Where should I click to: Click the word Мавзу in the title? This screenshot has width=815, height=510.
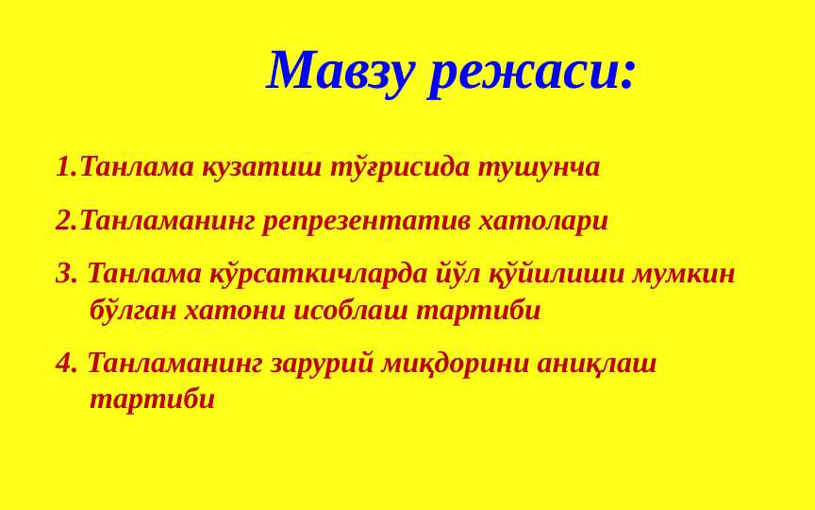point(341,71)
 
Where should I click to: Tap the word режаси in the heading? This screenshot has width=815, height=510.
point(524,75)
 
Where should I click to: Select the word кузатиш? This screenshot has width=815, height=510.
point(261,167)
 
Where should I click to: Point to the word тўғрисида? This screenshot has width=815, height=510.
point(400,167)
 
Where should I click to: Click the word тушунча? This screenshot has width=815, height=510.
point(539,168)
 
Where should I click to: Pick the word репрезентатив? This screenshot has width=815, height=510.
point(367,222)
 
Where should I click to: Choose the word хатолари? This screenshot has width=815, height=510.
point(543,221)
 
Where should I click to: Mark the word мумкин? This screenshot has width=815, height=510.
point(684,274)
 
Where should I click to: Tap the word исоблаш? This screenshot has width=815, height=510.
point(351,310)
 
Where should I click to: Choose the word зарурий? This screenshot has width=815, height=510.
point(323,363)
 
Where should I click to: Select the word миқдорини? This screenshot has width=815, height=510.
point(456,364)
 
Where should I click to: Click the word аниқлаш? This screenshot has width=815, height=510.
point(597,364)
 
